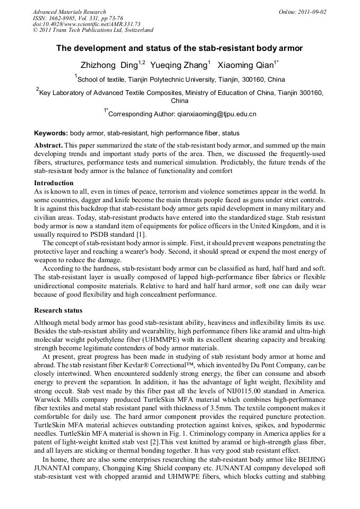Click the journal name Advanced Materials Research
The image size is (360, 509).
pos(69,12)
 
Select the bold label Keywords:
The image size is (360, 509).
pos(51,133)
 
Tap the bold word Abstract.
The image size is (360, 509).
pos(49,145)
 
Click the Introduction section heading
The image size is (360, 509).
pos(54,183)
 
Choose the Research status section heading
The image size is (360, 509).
pos(58,310)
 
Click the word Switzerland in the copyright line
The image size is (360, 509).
pos(135,30)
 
